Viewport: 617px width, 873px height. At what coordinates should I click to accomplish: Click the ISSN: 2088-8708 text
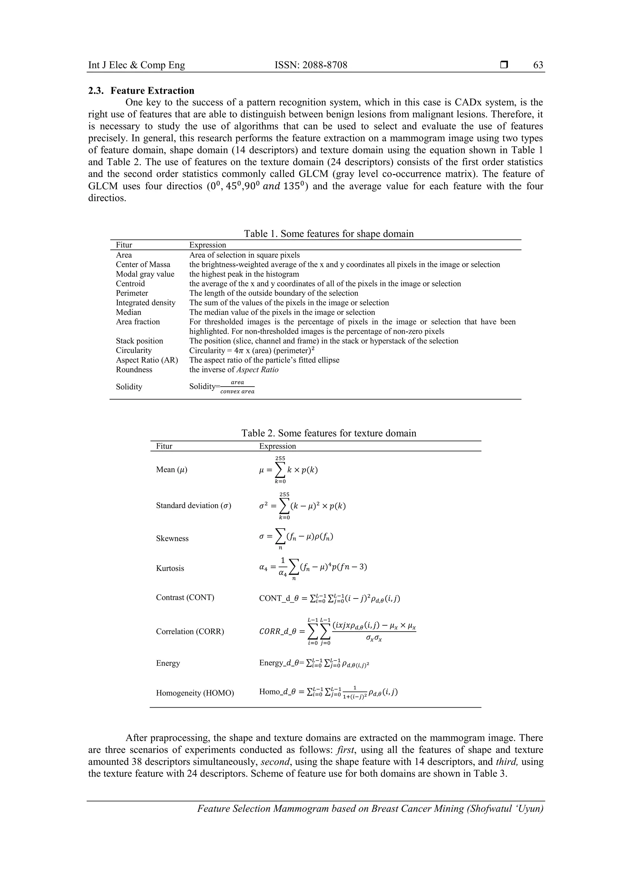pos(311,65)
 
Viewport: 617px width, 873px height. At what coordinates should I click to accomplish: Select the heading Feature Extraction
pos(152,90)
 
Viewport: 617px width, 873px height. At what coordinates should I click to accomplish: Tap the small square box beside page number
pos(504,65)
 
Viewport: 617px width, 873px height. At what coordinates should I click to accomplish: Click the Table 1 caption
pos(328,234)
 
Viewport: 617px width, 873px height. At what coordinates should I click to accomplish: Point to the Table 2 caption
pos(328,433)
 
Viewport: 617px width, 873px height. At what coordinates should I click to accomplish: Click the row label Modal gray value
pos(145,274)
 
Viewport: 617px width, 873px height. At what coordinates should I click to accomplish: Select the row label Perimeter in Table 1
pos(132,293)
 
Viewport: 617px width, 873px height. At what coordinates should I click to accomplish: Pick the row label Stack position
pos(139,341)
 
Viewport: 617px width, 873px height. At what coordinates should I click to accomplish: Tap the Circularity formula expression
pos(252,350)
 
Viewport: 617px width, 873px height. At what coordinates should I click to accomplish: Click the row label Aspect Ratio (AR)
pos(147,360)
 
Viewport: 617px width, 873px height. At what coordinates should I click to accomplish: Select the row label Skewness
pos(172,539)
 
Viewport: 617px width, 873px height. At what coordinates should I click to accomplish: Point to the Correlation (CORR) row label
pos(190,632)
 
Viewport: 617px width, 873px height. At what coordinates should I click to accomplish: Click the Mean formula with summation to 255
pos(288,470)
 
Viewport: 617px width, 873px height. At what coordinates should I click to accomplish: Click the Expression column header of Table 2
pos(277,446)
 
